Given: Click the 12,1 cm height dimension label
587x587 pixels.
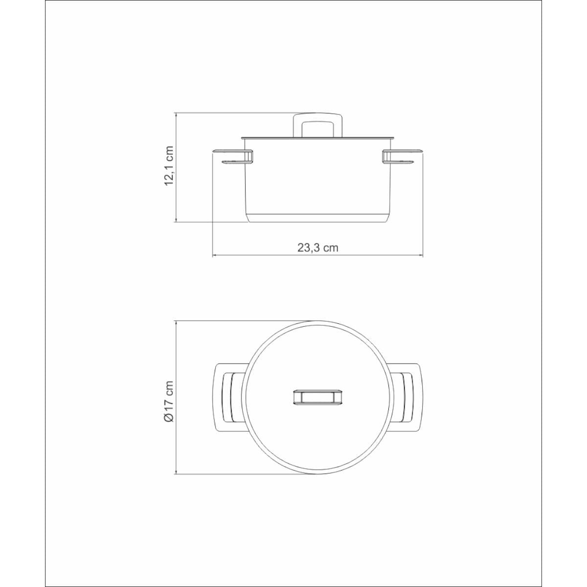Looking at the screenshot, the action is [x=169, y=166].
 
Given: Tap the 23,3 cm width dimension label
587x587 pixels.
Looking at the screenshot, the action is [x=318, y=248].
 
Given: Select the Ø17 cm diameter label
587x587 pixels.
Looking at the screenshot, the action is [x=169, y=401].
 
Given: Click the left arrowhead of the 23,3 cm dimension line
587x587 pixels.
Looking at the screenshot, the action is [x=215, y=256].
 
